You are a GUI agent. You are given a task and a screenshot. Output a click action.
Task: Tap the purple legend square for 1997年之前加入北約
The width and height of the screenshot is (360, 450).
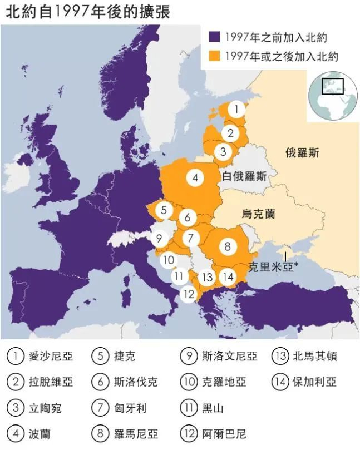(x=214, y=37)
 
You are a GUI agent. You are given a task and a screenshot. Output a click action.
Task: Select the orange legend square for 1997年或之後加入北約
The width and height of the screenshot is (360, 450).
(x=214, y=56)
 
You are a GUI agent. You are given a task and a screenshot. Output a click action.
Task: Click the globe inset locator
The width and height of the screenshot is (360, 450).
(x=333, y=95)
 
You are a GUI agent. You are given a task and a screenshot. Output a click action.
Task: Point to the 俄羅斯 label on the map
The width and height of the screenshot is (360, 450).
(x=302, y=153)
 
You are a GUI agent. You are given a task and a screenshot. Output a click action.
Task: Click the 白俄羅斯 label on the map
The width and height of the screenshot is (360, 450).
(x=243, y=177)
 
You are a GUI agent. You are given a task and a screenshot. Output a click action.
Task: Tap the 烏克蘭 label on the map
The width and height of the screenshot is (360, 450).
(x=259, y=214)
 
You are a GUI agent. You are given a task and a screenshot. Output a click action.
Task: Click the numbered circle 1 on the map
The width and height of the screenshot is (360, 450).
(x=236, y=110)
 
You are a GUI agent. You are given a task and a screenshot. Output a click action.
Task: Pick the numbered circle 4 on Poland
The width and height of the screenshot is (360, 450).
(x=195, y=178)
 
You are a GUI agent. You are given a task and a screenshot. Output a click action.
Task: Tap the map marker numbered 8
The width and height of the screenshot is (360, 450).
(x=227, y=245)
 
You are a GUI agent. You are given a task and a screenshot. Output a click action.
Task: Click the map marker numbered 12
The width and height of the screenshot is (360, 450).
(x=189, y=294)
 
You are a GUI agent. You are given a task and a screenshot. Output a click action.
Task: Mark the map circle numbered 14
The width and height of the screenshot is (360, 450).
(x=227, y=276)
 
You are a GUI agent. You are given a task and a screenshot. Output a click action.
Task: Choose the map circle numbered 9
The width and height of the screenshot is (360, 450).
(x=159, y=239)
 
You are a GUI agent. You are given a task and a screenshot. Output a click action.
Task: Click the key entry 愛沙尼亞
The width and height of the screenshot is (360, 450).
(x=50, y=356)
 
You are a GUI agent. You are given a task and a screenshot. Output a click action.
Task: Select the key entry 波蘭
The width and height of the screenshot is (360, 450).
(x=39, y=433)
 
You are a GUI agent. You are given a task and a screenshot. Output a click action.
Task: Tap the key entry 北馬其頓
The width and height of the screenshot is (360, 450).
(x=314, y=356)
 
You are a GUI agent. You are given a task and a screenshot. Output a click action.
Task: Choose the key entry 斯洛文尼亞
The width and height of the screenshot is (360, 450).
(x=229, y=356)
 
